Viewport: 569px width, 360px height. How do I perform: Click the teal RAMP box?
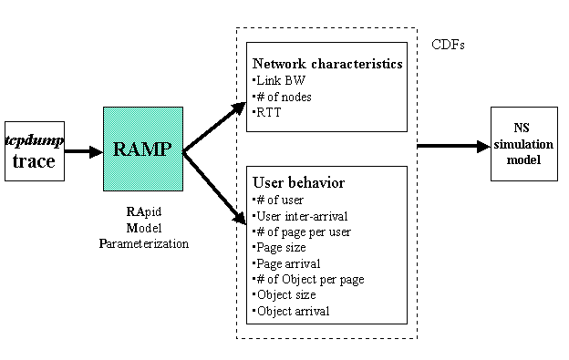142,149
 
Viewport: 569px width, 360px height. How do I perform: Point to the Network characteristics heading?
326,65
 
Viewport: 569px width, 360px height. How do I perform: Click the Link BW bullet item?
280,79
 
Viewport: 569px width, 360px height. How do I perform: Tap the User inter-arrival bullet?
298,215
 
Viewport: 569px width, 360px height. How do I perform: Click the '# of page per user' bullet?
300,231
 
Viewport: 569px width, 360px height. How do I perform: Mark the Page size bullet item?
284,247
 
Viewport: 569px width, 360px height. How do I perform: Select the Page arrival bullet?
288,263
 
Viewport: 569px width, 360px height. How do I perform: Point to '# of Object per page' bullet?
308,279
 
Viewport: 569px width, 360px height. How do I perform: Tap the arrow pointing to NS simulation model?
452,146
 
